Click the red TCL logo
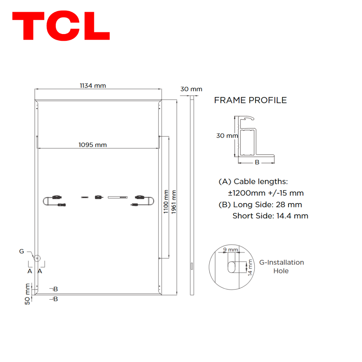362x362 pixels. point(61,26)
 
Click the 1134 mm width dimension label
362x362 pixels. point(93,86)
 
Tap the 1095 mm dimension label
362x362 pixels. point(93,145)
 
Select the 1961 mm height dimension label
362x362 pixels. point(174,202)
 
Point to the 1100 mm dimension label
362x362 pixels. point(166,202)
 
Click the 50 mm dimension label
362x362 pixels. point(28,294)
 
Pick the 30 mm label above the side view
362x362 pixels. point(191,89)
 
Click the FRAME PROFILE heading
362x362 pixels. point(250,100)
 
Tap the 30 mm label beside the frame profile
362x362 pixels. point(227,135)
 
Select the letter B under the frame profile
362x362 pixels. point(257,162)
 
